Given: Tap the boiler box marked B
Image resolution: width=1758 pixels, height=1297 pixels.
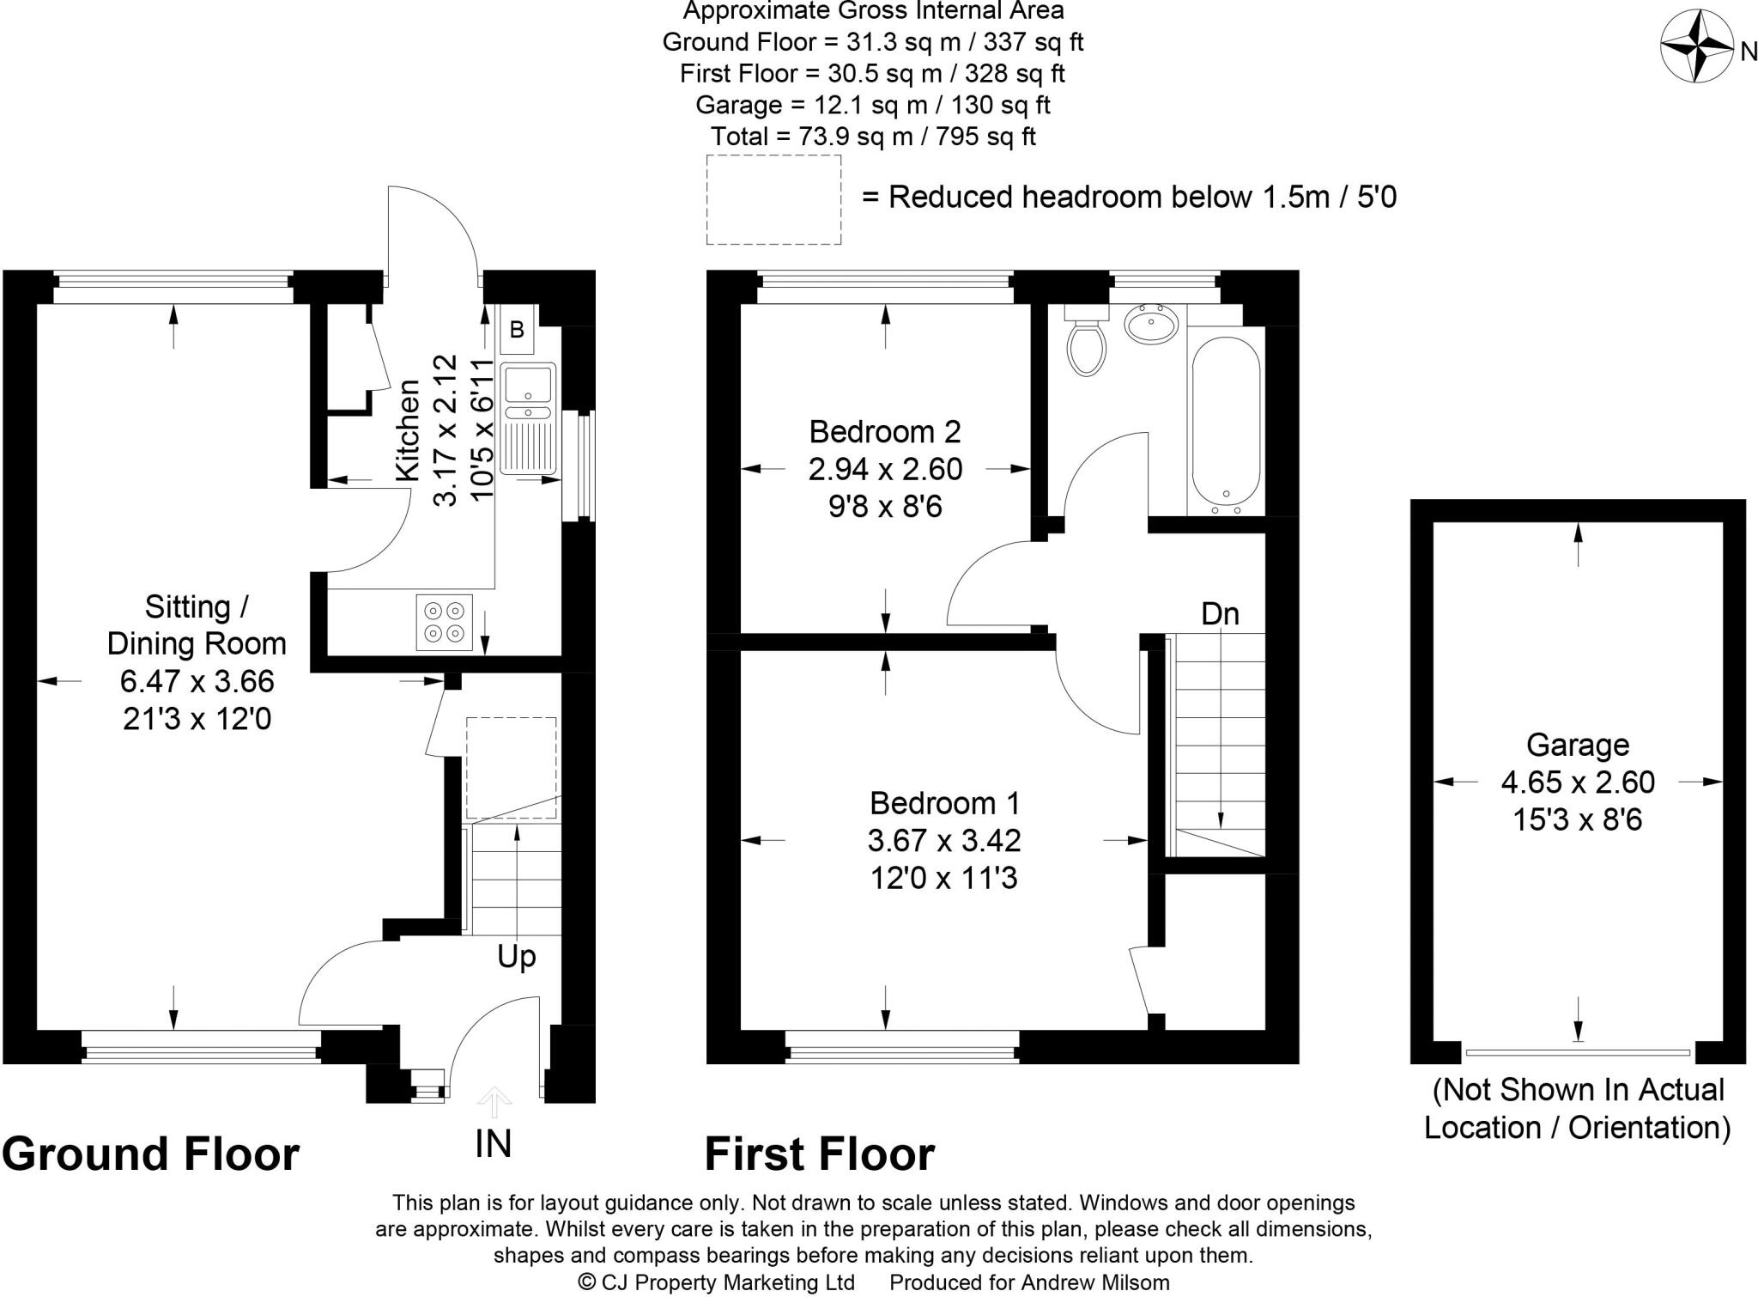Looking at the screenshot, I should coord(517,330).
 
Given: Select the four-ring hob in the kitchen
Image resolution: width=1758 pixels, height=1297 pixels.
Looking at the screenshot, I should coord(445,622).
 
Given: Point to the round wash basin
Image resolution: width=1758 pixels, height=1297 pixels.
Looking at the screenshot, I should coord(1151,324).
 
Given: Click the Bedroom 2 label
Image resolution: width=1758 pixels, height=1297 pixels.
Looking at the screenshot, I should coord(885,430).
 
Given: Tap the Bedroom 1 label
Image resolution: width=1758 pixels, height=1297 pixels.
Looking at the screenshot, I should coord(944,803).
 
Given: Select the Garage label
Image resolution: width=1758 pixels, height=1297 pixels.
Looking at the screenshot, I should coord(1578,745).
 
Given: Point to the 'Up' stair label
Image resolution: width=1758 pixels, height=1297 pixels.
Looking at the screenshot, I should coord(516,956).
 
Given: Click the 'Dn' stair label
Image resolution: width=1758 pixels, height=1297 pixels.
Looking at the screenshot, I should coord(1220,613).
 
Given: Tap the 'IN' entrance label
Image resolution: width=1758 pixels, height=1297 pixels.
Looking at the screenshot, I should coord(494,1143).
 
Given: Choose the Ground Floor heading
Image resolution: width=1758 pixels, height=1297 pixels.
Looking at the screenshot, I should coord(151,1154).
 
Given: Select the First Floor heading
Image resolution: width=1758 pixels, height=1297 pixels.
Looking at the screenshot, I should coord(819,1154).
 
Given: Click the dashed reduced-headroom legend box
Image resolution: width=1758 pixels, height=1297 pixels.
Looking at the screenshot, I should coord(773,199).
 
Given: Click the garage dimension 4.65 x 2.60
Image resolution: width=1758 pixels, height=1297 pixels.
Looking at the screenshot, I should coord(1578,782).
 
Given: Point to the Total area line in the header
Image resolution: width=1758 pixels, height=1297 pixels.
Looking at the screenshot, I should coord(873,136).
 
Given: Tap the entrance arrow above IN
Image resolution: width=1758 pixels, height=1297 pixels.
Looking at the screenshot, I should coord(494,1099).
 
